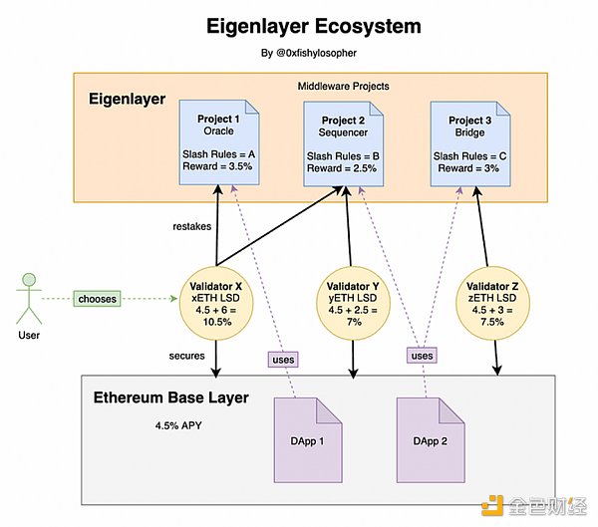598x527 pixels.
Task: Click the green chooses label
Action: [97, 298]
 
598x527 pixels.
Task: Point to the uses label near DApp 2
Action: [423, 354]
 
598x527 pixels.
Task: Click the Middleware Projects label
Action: [343, 87]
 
